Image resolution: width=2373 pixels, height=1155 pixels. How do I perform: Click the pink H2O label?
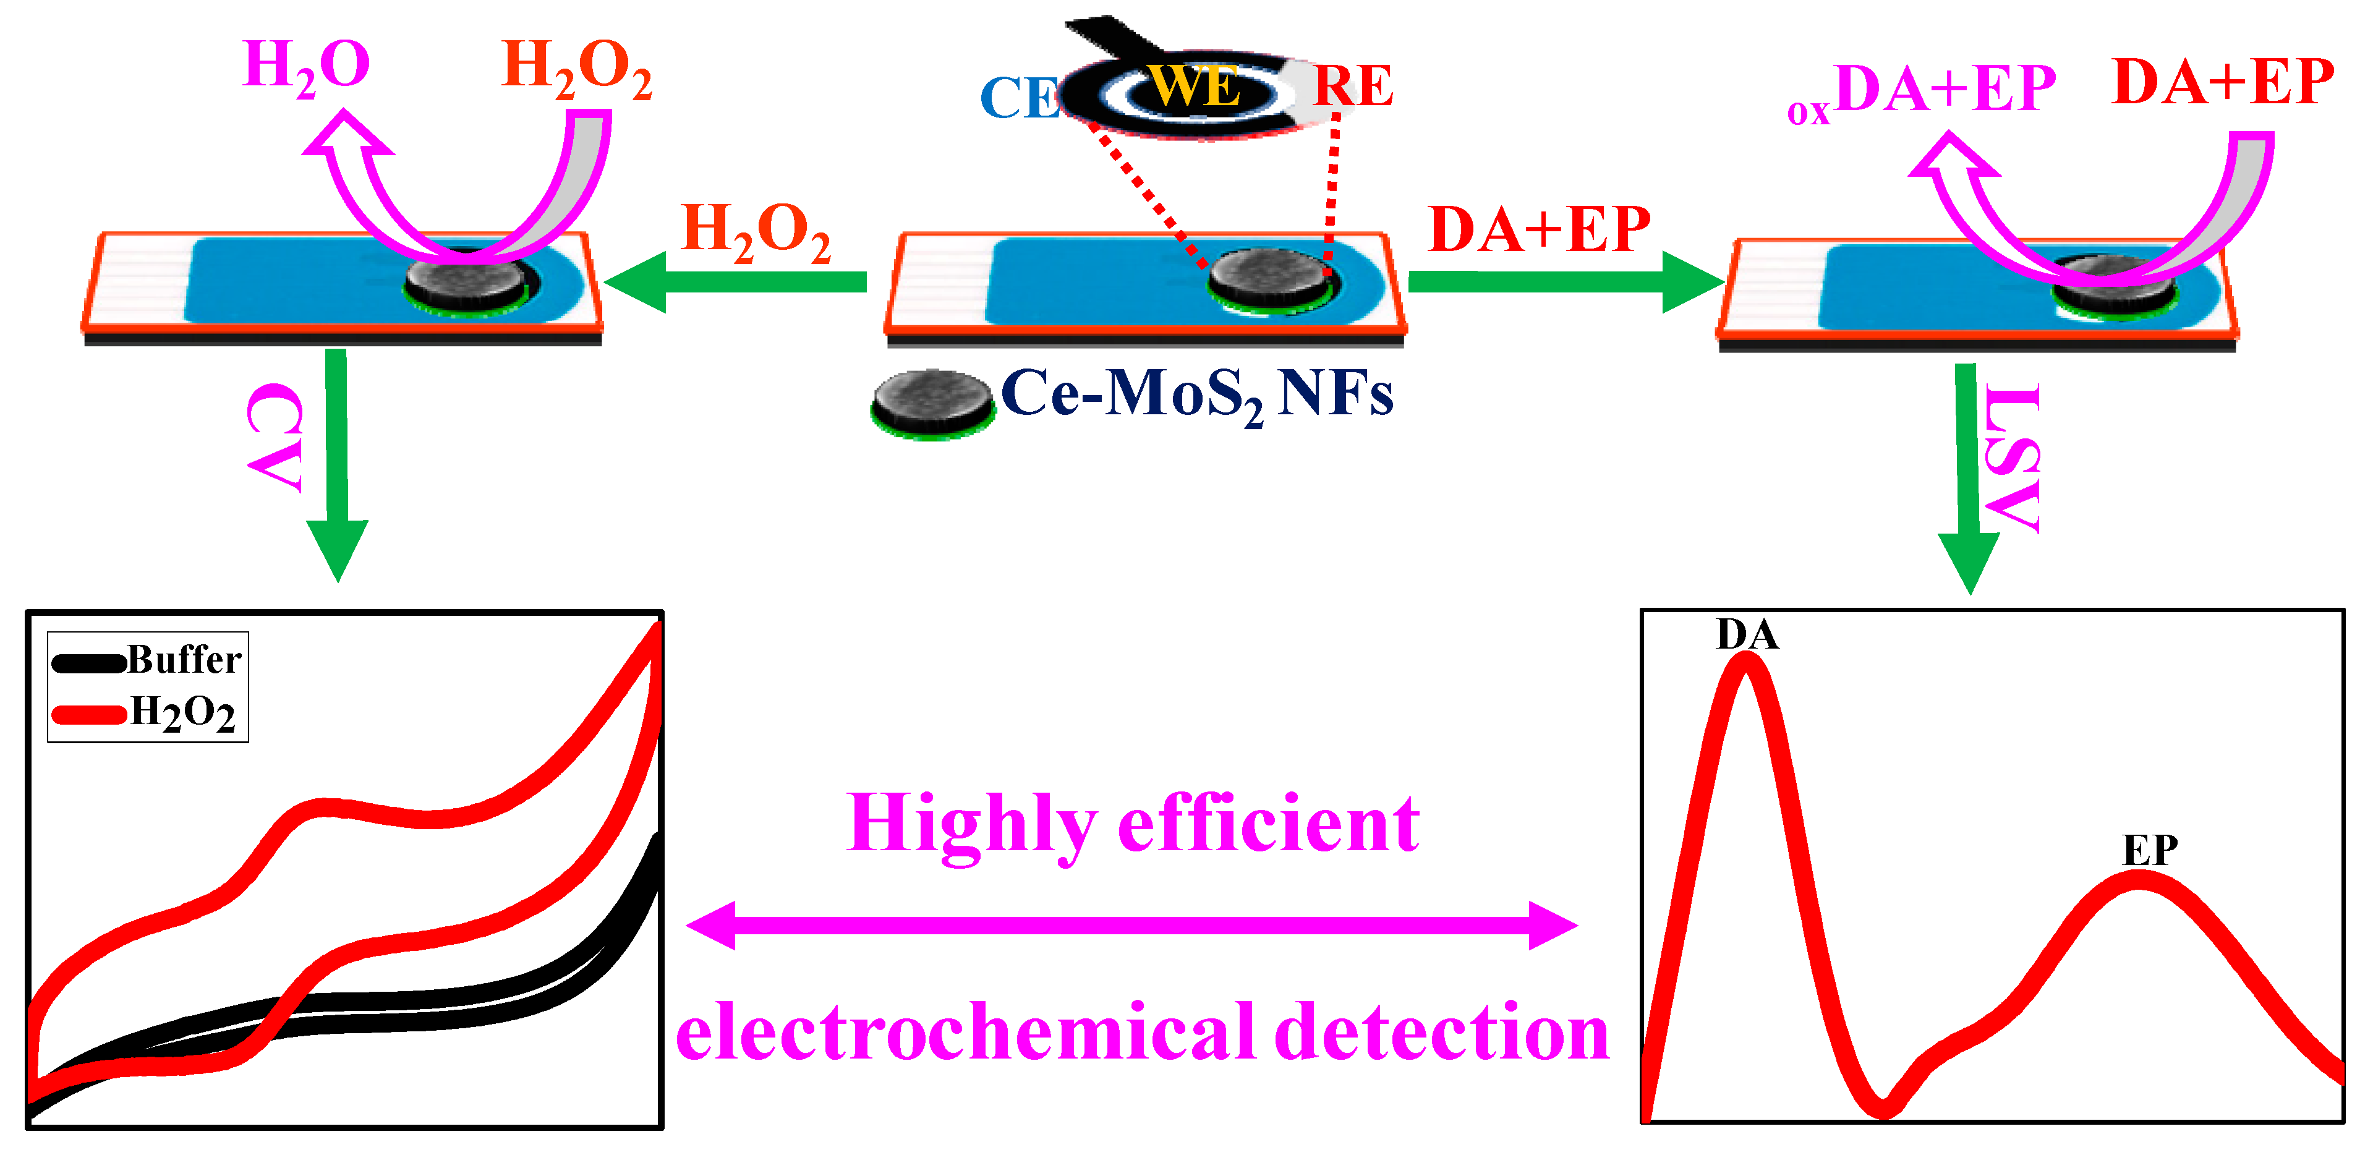click(306, 66)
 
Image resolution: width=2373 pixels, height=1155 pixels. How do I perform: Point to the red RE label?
click(1352, 87)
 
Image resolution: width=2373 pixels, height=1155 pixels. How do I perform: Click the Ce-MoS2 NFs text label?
click(1196, 395)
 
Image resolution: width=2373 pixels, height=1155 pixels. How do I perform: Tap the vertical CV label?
click(275, 438)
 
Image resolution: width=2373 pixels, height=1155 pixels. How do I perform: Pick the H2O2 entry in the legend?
click(182, 713)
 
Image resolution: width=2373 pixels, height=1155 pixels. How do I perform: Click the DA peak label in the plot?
click(1747, 634)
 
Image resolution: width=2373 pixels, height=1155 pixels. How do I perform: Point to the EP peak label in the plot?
click(2150, 849)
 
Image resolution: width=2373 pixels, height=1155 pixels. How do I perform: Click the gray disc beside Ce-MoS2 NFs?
click(933, 403)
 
